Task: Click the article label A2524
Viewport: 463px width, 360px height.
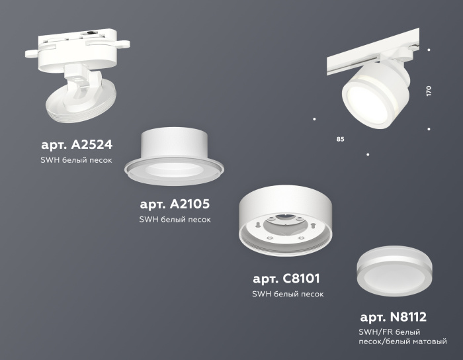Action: point(77,144)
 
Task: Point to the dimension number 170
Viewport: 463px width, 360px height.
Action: point(429,91)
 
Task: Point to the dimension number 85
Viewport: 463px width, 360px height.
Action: point(340,140)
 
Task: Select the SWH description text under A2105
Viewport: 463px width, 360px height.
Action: point(175,219)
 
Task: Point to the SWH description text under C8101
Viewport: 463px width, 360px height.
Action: point(288,294)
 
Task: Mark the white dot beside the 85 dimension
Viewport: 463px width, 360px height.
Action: point(314,119)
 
